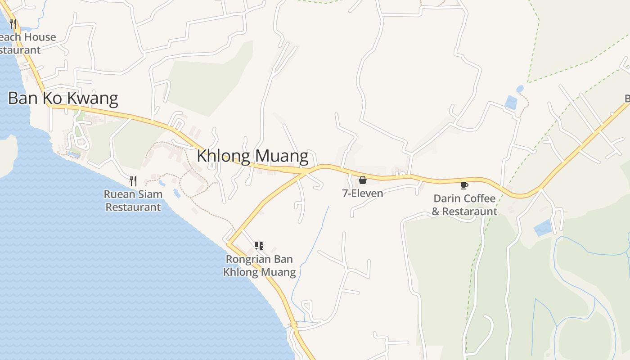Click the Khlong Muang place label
[252, 156]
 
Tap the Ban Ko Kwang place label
[63, 98]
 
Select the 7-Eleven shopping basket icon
[363, 180]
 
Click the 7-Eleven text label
[363, 193]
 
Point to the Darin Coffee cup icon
[464, 185]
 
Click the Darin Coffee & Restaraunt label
[464, 205]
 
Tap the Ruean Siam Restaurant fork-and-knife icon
[133, 181]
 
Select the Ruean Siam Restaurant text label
[133, 201]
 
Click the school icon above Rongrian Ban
[259, 245]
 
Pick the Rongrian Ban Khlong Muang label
[260, 265]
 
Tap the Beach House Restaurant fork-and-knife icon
[13, 24]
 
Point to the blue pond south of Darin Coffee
[543, 228]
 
